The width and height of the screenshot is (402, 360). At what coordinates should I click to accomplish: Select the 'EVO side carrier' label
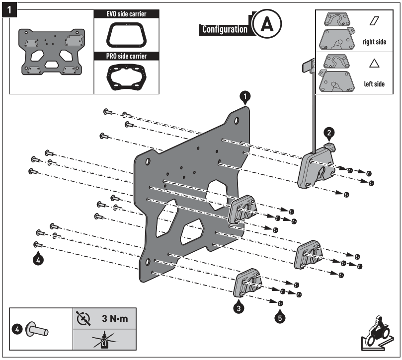126,13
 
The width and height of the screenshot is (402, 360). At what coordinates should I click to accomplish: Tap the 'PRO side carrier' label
126,56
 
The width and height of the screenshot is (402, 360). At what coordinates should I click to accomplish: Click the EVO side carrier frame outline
126,36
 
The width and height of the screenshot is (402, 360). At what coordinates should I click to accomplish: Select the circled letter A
266,24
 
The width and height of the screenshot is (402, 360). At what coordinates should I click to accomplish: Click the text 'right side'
374,42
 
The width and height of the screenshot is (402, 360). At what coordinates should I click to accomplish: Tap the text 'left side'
374,84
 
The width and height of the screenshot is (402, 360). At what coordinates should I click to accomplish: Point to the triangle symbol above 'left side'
374,64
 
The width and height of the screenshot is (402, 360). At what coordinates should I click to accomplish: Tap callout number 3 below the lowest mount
240,308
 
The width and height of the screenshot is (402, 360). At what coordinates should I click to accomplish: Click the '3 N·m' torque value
115,318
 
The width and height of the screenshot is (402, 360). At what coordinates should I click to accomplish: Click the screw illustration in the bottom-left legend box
38,329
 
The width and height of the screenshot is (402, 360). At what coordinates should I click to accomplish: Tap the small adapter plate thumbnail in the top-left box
51,52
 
